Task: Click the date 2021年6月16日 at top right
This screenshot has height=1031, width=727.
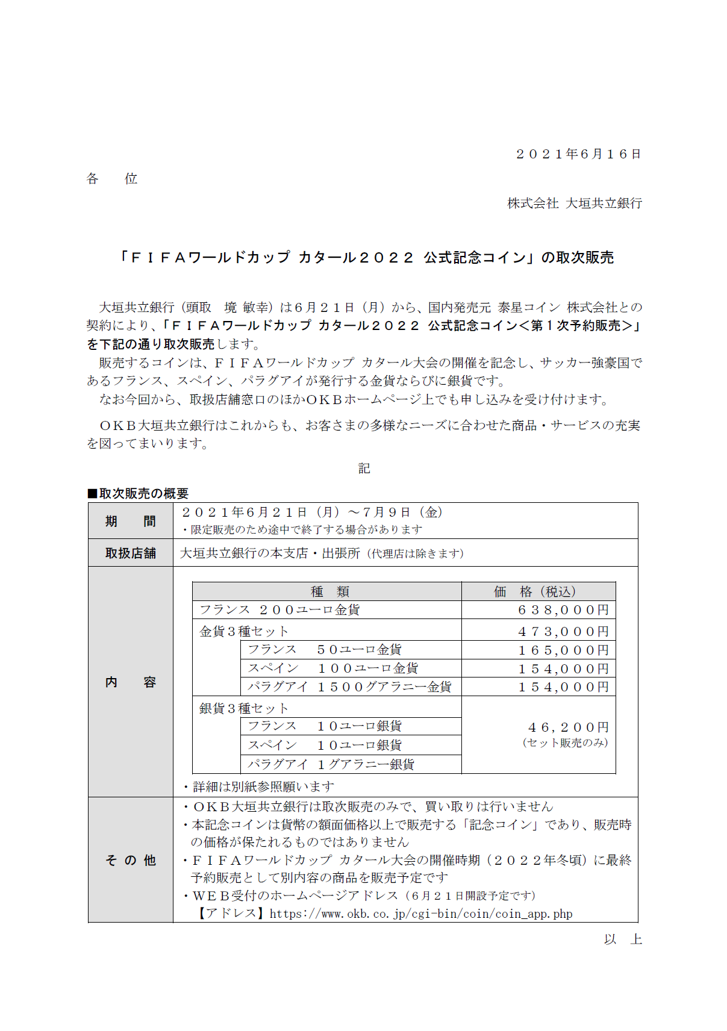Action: point(578,154)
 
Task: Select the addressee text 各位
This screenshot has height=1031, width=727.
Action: point(112,179)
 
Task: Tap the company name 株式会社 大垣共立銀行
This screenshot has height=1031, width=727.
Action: point(574,204)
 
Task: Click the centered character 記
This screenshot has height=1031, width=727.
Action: point(364,469)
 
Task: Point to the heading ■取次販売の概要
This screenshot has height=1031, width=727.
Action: point(138,493)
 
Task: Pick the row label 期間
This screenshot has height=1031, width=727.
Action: point(131,521)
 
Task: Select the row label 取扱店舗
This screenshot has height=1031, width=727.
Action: point(131,553)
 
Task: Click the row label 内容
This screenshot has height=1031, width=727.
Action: point(131,682)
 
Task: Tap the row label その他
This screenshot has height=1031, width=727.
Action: point(131,860)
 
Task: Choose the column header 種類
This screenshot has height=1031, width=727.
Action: point(329,591)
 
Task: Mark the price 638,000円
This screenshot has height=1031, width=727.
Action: point(563,610)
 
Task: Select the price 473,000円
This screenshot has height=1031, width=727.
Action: point(563,632)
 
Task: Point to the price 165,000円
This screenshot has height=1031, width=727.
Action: point(563,650)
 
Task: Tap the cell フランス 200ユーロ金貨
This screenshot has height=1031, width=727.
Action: point(279,610)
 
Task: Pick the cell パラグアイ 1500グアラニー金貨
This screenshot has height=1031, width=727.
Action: point(349,687)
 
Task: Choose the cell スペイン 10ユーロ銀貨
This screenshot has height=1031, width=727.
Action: point(325,746)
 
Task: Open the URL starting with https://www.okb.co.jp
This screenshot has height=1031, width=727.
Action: point(420,914)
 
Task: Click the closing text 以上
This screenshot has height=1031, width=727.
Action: point(623,939)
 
